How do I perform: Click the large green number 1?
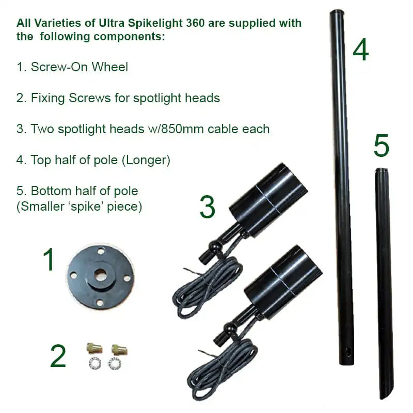tap(49, 260)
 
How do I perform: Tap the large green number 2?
tap(58, 356)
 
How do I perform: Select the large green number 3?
tap(207, 207)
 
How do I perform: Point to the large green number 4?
tap(361, 50)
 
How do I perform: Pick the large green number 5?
tap(382, 146)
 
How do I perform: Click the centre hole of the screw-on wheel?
tap(99, 272)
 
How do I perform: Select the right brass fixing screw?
tap(120, 351)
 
